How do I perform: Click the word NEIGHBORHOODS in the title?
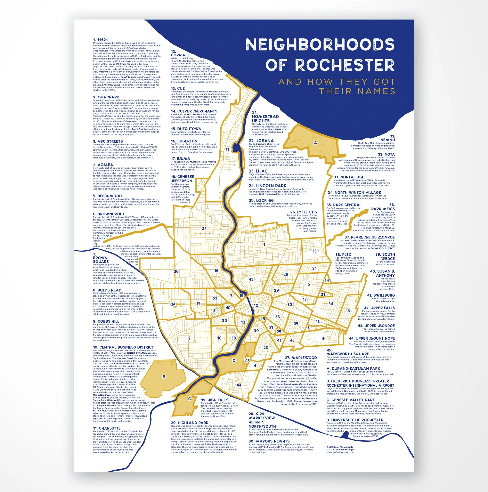coord(320,45)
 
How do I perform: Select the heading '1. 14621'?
coord(100,40)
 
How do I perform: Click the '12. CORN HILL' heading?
coord(180,53)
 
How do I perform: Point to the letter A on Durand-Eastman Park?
coord(315,143)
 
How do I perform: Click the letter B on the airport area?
coord(164,377)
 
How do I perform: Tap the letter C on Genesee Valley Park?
coord(189,399)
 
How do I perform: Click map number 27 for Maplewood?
coord(204,228)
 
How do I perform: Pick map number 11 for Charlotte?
coord(227,149)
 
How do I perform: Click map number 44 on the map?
coord(239,385)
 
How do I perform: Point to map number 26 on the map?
coord(176,271)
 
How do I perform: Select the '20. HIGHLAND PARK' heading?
coord(190,423)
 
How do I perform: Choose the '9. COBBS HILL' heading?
coord(106,321)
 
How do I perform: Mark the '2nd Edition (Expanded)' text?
coord(339,447)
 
